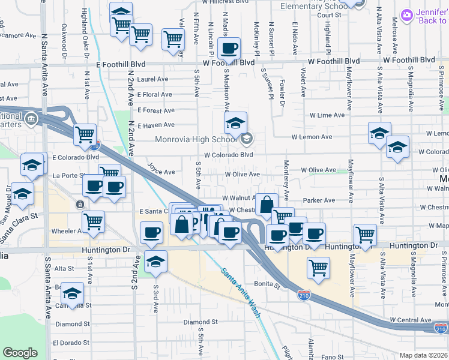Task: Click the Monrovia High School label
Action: [196, 140]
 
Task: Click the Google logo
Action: [20, 353]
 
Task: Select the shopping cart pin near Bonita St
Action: [318, 267]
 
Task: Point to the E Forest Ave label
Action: [155, 110]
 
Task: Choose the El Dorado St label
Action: [71, 343]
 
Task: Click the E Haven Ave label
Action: [155, 125]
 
